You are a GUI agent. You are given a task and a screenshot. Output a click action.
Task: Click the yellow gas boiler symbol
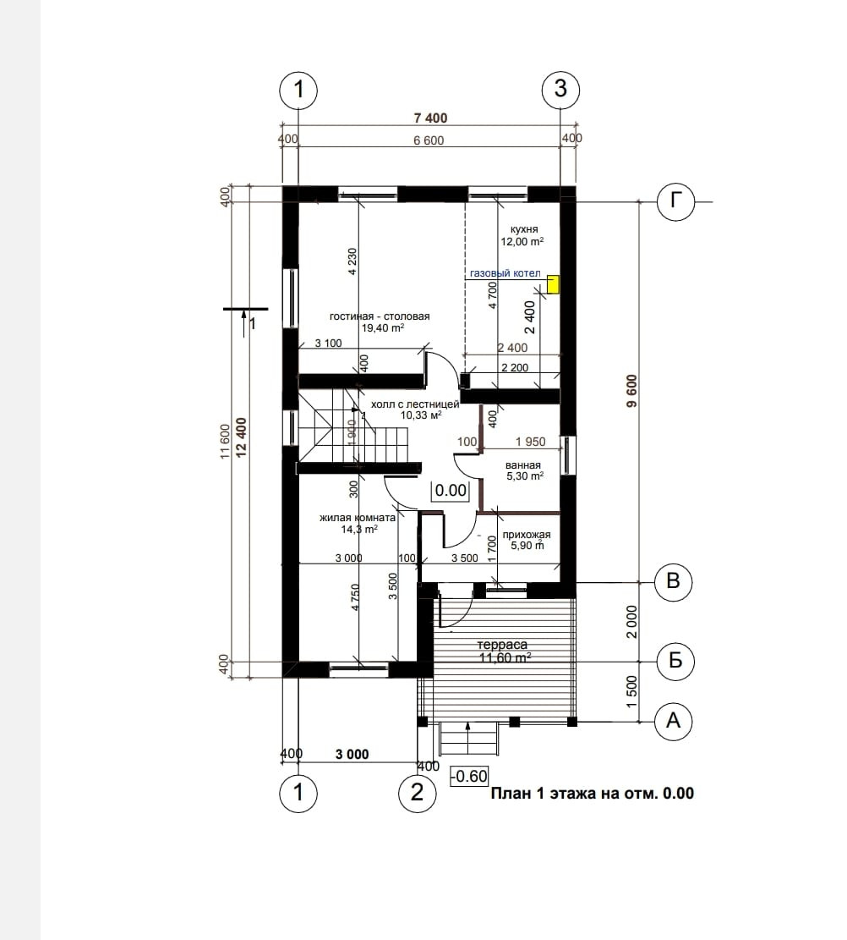[x=553, y=284]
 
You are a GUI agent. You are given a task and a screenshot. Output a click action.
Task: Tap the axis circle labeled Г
[x=675, y=201]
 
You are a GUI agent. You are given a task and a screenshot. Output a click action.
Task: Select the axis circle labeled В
[x=674, y=581]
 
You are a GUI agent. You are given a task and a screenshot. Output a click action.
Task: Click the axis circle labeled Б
[x=675, y=662]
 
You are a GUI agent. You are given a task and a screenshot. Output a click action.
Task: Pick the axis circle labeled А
[x=674, y=721]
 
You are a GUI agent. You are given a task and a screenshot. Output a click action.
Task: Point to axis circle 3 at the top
[x=560, y=90]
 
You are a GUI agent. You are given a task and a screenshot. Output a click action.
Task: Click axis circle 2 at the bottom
[x=418, y=793]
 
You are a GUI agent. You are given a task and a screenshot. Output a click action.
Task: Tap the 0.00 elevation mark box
[x=451, y=491]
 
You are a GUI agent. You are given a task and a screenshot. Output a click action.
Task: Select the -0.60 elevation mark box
[x=470, y=777]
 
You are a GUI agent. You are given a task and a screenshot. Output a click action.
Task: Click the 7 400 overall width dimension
[x=431, y=118]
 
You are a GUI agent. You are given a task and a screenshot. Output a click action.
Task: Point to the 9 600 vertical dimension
[x=632, y=392]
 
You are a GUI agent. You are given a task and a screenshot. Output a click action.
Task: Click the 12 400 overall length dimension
[x=242, y=438]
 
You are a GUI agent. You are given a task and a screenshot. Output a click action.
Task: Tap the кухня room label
[x=524, y=229]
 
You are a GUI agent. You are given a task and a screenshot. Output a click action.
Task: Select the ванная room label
[x=523, y=465]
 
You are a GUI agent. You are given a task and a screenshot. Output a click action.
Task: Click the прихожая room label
[x=527, y=535]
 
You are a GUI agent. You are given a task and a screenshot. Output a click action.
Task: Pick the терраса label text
[x=503, y=645]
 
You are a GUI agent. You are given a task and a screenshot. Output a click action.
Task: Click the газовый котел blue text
[x=505, y=273]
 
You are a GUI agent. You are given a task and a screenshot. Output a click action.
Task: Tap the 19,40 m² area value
[x=383, y=328]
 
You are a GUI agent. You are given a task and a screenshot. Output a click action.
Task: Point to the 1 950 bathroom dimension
[x=531, y=442]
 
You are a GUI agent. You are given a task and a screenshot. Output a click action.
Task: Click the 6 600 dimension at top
[x=429, y=140]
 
